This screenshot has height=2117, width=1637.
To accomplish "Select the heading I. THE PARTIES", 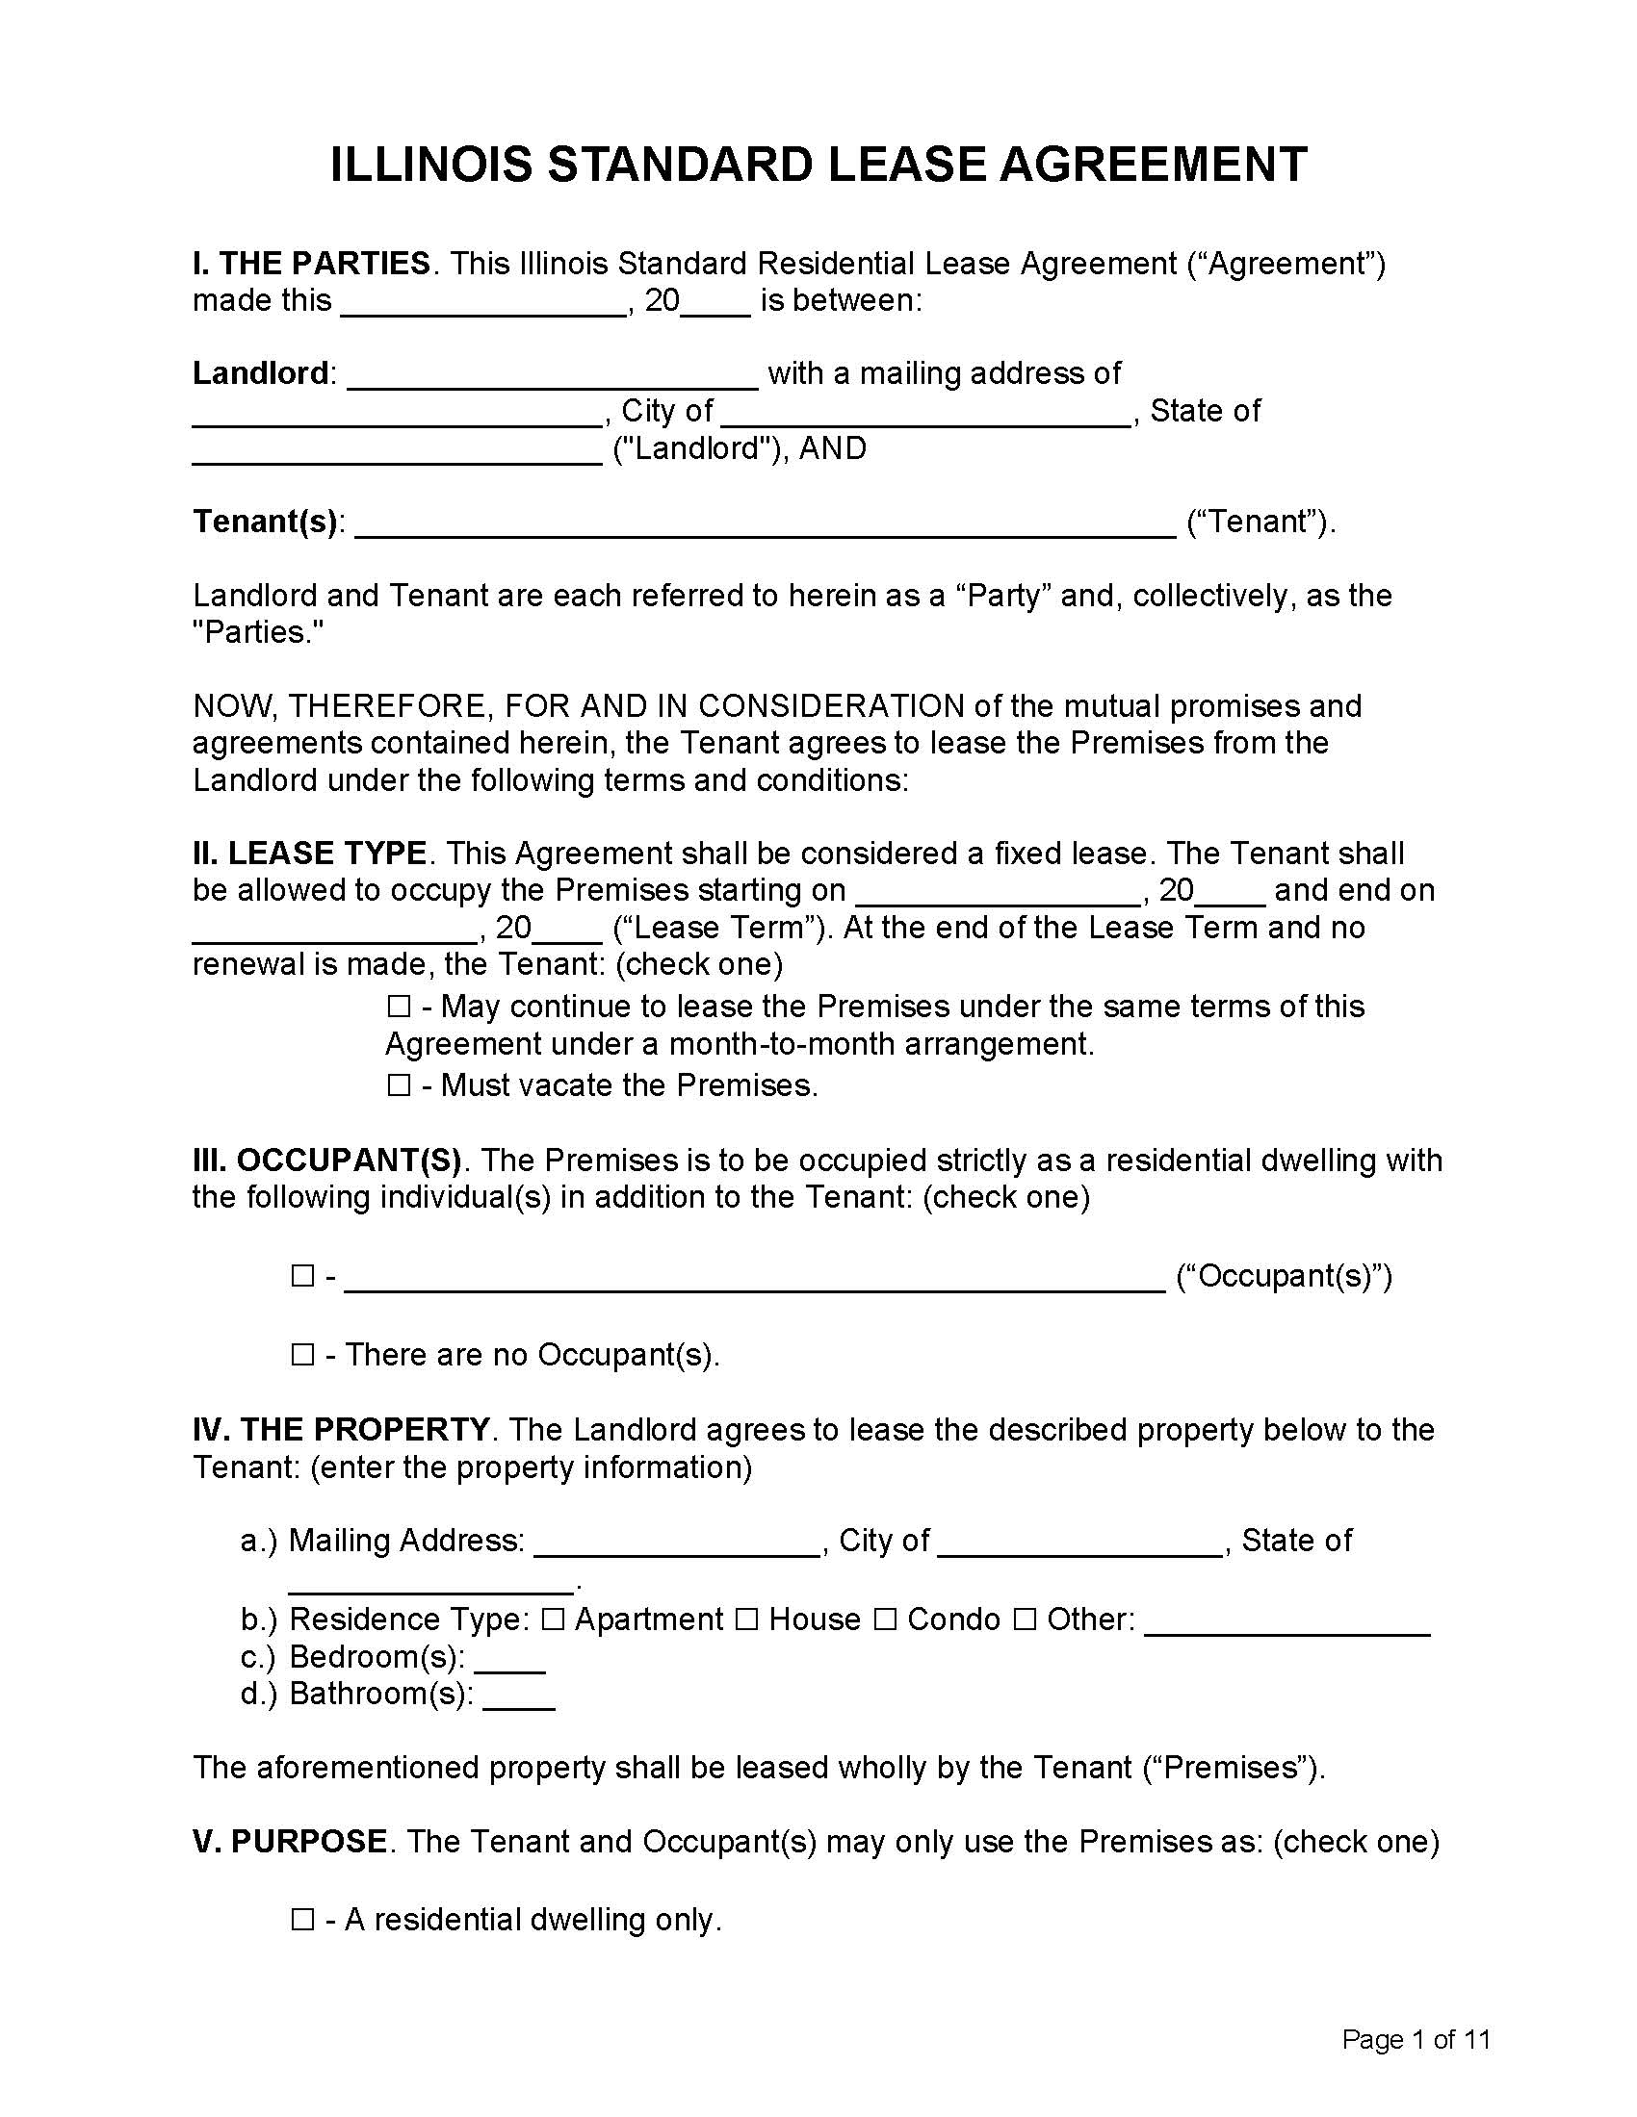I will pos(311,264).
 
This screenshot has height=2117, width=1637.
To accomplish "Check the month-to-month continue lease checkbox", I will pos(399,1007).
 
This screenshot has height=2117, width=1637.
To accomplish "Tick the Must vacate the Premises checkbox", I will pos(399,1085).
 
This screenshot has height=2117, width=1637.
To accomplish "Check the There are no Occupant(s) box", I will pos(302,1355).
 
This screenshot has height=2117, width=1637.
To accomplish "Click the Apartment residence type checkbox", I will pos(553,1620).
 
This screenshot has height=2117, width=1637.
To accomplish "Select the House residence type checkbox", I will pos(745,1620).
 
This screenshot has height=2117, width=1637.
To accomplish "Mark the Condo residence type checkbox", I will pos(884,1620).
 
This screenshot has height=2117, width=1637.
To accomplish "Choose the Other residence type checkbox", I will pos(1025,1620).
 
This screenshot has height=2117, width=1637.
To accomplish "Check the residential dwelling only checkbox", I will pos(302,1921).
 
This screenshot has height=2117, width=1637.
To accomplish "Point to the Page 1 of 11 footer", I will pos(1415,2040).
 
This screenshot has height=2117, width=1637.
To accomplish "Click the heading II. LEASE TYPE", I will pos(309,854).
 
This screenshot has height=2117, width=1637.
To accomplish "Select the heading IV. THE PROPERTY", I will pos(340,1430).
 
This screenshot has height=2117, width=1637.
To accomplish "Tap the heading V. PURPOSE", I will pos(290,1842).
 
